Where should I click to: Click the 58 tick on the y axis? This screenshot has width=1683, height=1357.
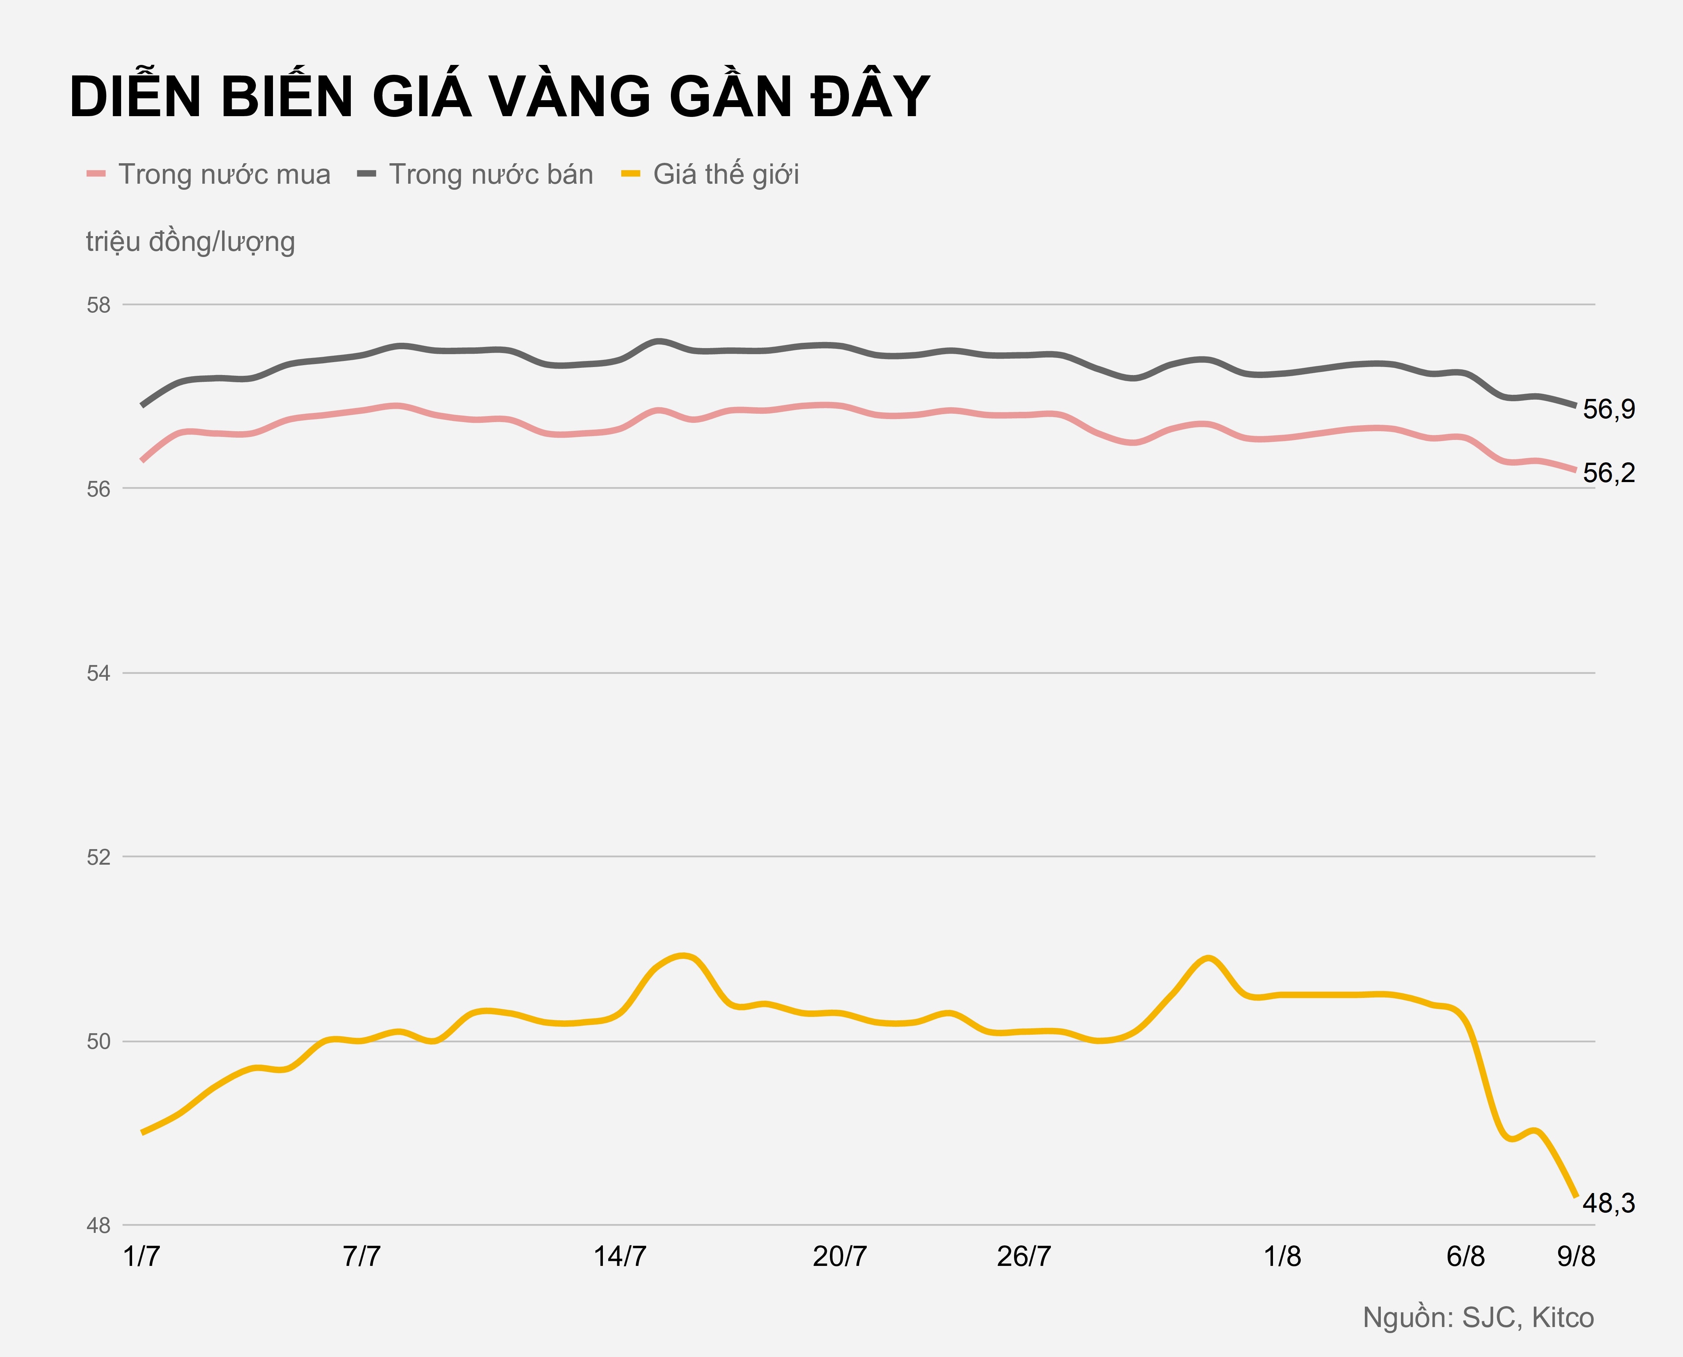click(98, 305)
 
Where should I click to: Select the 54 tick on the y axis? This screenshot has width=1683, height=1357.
click(98, 673)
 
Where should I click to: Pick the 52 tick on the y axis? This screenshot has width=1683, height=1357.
click(98, 857)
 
